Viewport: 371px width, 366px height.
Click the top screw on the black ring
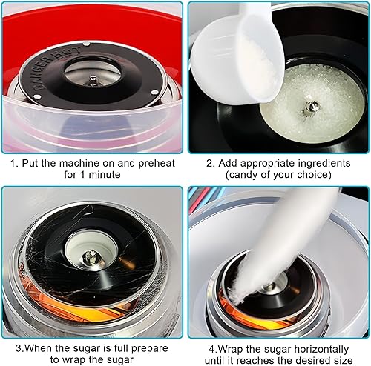pos(86,44)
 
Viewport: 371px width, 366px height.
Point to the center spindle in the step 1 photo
pos(93,80)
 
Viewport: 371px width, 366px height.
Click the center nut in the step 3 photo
pos(91,257)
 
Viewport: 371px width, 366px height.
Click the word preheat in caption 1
pos(157,164)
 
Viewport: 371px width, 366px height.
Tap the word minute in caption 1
pos(105,175)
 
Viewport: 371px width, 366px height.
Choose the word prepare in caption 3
pos(149,349)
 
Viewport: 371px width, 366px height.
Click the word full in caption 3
pos(121,348)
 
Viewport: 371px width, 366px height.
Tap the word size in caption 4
pos(344,360)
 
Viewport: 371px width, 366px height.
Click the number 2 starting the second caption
pos(209,163)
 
